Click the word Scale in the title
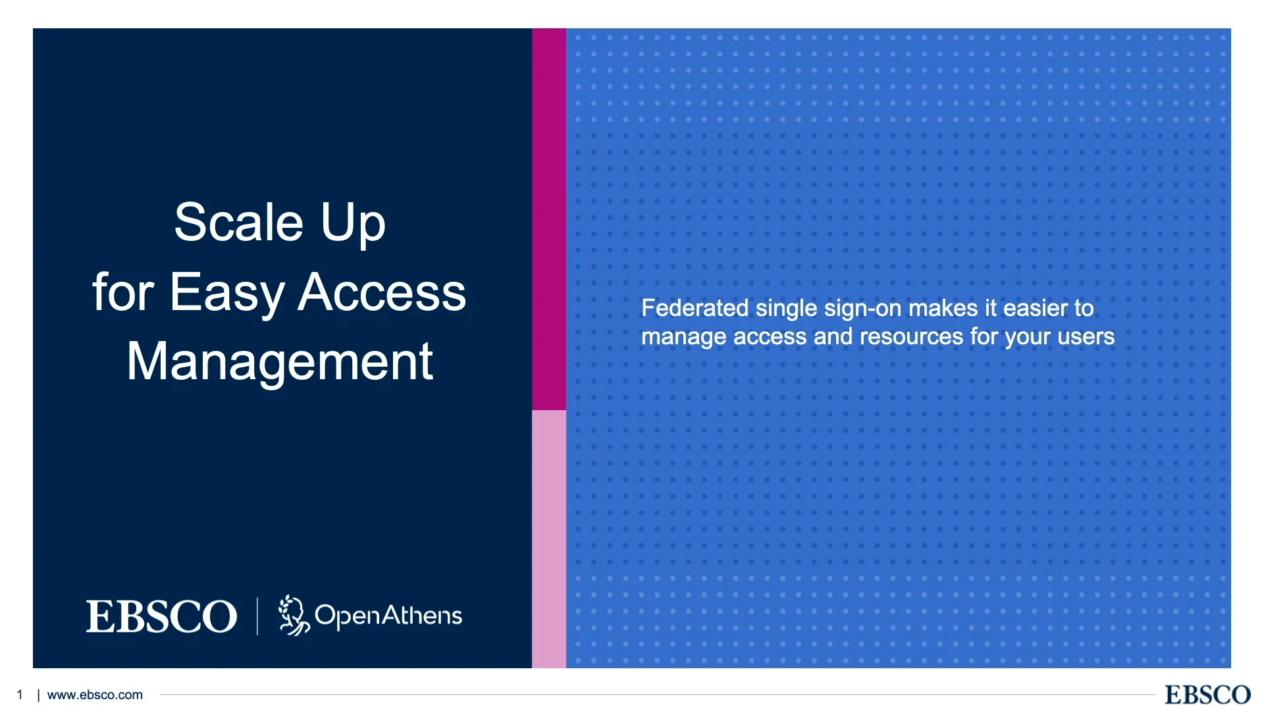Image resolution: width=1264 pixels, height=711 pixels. pyautogui.click(x=238, y=223)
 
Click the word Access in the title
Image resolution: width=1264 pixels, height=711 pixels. pyautogui.click(x=382, y=292)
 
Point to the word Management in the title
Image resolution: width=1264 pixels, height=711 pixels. pyautogui.click(x=280, y=361)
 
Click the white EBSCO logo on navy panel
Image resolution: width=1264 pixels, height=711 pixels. pyautogui.click(x=161, y=616)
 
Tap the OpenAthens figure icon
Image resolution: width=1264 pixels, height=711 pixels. pyautogui.click(x=293, y=616)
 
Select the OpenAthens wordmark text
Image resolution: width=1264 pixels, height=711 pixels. pyautogui.click(x=388, y=616)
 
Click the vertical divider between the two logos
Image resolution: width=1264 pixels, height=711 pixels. pyautogui.click(x=257, y=616)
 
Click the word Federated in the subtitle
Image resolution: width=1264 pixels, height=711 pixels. pyautogui.click(x=695, y=308)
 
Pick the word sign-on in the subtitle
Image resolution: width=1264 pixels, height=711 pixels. pyautogui.click(x=862, y=308)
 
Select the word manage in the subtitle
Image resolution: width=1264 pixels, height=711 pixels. pyautogui.click(x=684, y=337)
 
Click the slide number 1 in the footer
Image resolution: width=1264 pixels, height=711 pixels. pyautogui.click(x=20, y=695)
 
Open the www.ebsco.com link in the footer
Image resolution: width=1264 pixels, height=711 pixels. pyautogui.click(x=95, y=695)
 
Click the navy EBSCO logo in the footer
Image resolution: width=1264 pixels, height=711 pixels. pyautogui.click(x=1207, y=695)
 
